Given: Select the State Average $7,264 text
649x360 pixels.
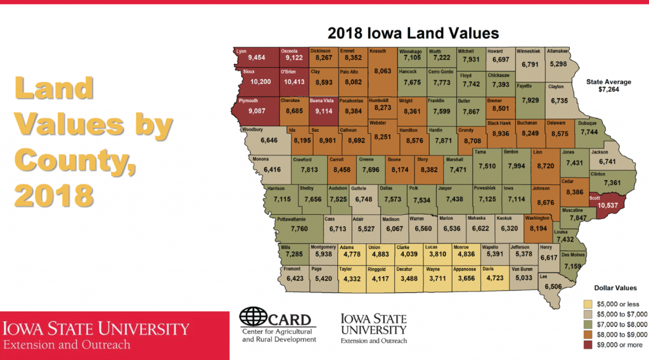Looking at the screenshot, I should click(x=608, y=86).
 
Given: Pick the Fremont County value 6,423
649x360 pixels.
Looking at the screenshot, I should click(x=295, y=278).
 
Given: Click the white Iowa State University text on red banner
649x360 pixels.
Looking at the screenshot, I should click(x=97, y=328).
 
